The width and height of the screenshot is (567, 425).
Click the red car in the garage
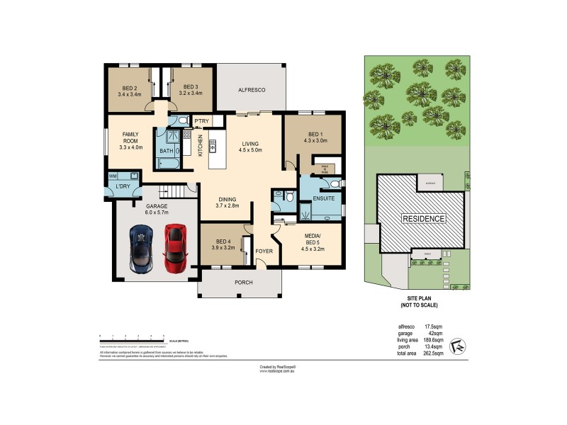click(x=175, y=249)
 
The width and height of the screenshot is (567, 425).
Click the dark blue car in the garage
click(x=141, y=249)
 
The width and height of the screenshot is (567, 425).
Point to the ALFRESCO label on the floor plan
click(x=252, y=90)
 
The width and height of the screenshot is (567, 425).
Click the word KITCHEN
click(x=201, y=145)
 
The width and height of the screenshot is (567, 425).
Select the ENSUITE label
click(x=322, y=198)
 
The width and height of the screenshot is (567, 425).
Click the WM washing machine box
click(x=113, y=176)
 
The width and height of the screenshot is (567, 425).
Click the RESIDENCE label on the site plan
click(x=425, y=219)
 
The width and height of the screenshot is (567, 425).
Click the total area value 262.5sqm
click(x=433, y=352)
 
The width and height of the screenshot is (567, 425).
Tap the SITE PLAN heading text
click(x=416, y=302)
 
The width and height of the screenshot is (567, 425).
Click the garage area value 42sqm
click(x=435, y=333)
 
